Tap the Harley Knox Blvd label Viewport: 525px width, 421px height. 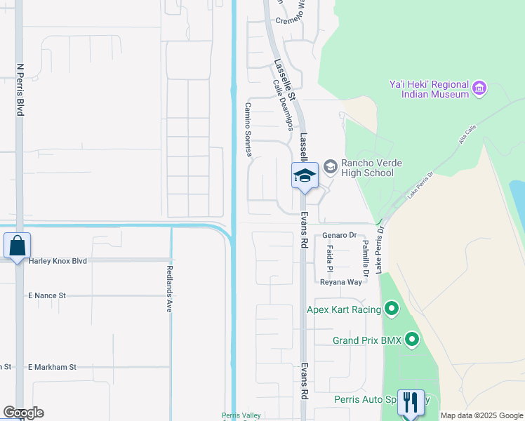click(58, 260)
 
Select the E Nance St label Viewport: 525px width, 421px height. click(47, 296)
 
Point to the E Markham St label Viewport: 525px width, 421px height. click(51, 367)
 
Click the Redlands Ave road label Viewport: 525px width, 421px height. click(169, 288)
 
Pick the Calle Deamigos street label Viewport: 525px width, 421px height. click(283, 105)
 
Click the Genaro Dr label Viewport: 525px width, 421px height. click(340, 236)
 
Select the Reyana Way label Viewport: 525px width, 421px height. click(341, 282)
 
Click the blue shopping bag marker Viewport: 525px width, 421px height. click(17, 246)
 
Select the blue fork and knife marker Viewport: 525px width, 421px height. click(411, 403)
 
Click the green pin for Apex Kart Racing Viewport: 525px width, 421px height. click(392, 309)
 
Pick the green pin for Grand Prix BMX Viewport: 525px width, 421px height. click(412, 341)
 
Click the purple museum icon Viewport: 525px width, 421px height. click(480, 88)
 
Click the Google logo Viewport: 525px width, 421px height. click(23, 413)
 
